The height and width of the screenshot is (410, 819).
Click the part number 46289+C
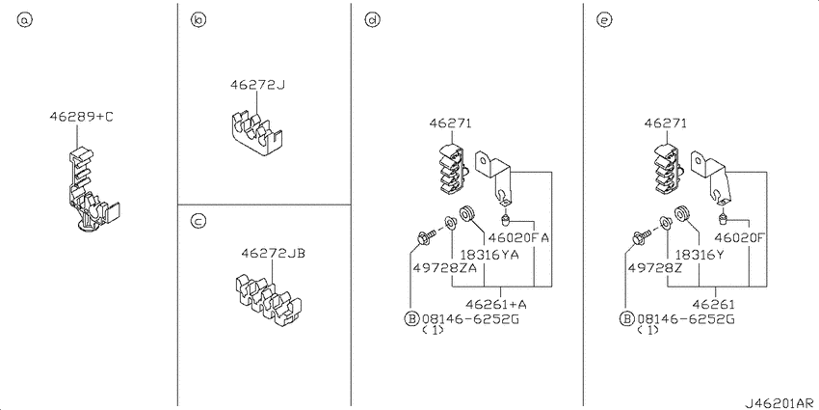click(81, 116)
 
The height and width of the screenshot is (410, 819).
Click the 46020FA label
click(518, 237)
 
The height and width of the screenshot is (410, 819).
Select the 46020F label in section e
click(740, 237)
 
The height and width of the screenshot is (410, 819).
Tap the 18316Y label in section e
click(700, 254)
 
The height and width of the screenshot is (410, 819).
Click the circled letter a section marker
click(25, 20)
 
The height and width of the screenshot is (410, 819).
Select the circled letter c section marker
click(197, 222)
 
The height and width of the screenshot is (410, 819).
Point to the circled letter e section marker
click(604, 20)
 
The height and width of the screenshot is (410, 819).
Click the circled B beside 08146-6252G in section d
click(411, 317)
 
